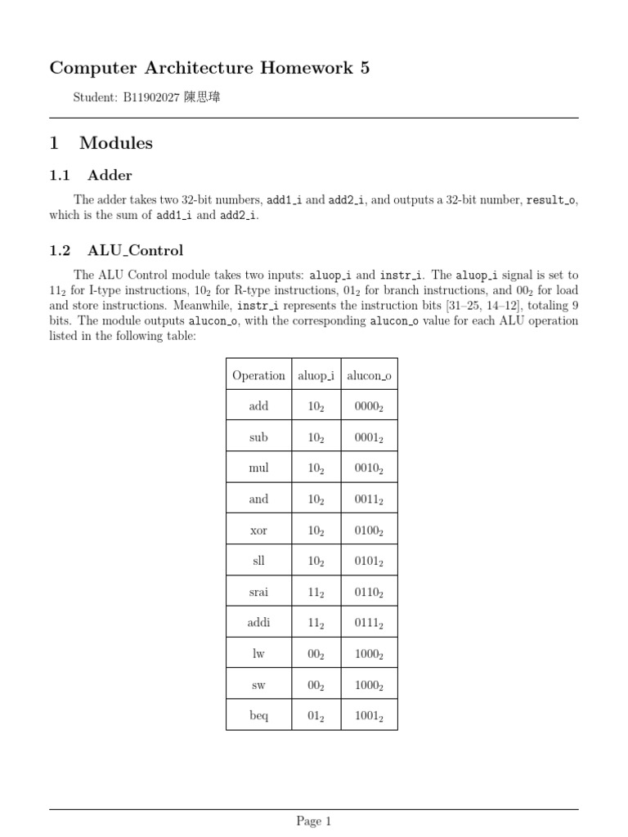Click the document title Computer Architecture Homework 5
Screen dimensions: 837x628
coord(209,68)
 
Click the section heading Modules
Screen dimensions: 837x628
coord(115,143)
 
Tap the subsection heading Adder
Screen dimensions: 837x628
coord(110,175)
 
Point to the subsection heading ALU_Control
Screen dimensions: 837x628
coord(135,251)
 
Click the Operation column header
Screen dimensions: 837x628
coord(258,376)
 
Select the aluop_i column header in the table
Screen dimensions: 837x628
coord(316,376)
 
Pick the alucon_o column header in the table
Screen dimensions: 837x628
coord(369,376)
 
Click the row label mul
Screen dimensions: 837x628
coord(258,468)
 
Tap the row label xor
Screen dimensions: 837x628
coord(258,530)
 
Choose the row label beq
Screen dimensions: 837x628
coord(258,716)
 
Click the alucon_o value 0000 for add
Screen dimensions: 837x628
coord(369,407)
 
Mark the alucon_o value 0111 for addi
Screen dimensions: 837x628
coord(369,624)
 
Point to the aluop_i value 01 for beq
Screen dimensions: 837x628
coord(316,717)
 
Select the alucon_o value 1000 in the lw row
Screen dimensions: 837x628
coord(369,655)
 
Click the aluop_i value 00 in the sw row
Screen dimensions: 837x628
coord(316,686)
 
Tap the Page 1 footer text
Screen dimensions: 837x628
coord(314,821)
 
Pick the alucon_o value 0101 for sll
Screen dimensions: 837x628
coord(369,562)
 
